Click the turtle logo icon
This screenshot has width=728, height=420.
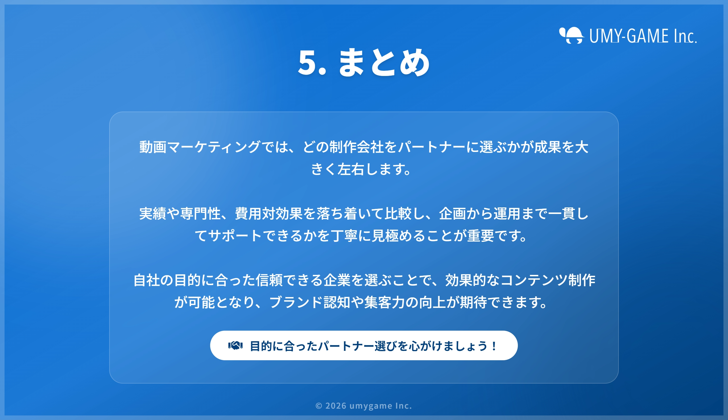(x=572, y=35)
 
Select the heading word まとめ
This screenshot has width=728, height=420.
(x=384, y=62)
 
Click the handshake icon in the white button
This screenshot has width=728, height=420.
(x=235, y=345)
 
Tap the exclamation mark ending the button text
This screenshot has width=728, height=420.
(x=494, y=345)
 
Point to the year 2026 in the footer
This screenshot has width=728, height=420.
(x=336, y=406)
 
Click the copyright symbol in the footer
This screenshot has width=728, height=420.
(x=319, y=406)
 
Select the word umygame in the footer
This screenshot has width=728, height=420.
(x=371, y=406)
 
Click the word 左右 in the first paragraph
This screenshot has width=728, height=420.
(x=351, y=169)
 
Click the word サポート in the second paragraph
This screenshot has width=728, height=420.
(x=235, y=236)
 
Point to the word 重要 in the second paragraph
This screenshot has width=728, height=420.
(x=480, y=236)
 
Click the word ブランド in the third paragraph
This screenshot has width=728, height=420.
(x=296, y=302)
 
